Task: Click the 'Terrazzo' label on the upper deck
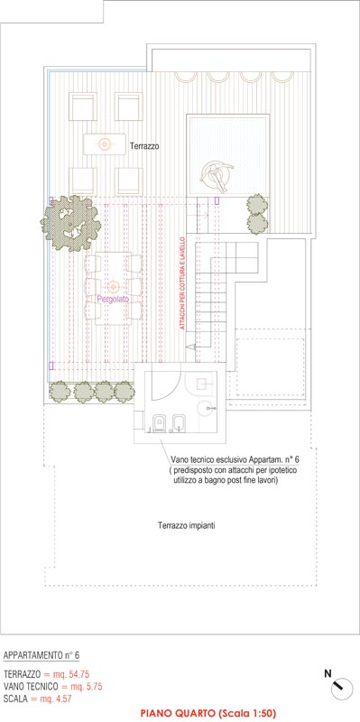(144, 146)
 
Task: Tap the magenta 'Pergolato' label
(113, 299)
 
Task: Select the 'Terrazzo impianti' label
(187, 525)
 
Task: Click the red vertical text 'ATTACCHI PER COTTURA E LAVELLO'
(182, 283)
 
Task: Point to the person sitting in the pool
(216, 175)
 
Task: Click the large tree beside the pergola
(71, 223)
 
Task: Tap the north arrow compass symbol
(342, 689)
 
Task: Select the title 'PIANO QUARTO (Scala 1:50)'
(208, 714)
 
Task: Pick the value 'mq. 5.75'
(88, 687)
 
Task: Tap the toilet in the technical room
(160, 423)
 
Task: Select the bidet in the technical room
(178, 423)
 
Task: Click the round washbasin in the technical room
(206, 408)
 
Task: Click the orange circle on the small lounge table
(105, 144)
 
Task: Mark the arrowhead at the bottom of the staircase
(189, 347)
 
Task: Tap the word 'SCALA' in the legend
(14, 699)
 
